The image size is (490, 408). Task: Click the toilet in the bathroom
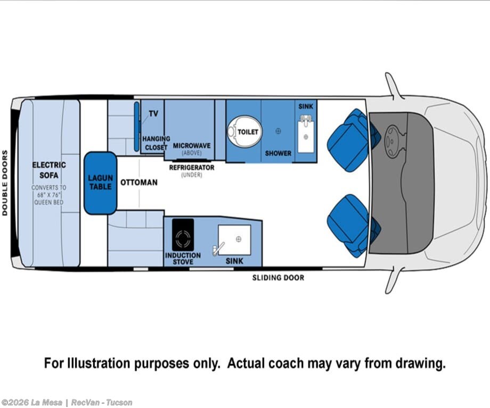pos(244,131)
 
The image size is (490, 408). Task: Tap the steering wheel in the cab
pos(391,141)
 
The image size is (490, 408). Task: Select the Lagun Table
pos(100,183)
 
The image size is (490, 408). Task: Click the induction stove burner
pos(183,238)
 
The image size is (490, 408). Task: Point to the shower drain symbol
pos(278,131)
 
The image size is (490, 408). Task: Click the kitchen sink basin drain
pos(239,239)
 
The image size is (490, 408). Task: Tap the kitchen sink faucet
pos(218,249)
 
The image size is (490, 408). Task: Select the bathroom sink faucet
pos(305,119)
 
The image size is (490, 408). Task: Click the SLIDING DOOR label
pos(278,278)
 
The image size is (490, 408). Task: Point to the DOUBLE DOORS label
pos(5,183)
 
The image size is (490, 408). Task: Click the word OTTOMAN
pos(139,182)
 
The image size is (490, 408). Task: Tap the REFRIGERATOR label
pos(192,168)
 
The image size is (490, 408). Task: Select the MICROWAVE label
pos(192,145)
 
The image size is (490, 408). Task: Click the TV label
pos(153,114)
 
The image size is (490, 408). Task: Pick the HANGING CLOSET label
pos(156,143)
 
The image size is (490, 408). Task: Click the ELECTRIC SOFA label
pos(49,170)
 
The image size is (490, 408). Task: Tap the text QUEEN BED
pos(49,202)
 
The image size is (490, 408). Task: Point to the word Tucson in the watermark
pos(119,403)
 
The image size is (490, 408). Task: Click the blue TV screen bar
pos(136,127)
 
